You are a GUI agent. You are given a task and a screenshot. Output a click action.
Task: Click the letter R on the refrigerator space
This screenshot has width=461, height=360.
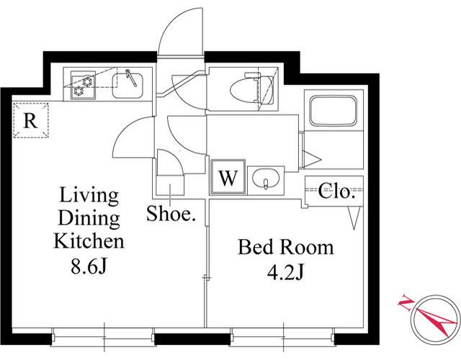(30, 120)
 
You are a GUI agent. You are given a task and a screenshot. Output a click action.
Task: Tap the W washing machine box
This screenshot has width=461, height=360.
(228, 177)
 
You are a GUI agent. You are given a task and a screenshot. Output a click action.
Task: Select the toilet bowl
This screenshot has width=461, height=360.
(245, 91)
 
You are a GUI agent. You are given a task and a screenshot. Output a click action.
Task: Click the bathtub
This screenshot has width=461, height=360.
(334, 110)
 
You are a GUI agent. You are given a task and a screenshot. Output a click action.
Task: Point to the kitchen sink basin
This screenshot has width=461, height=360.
(127, 86)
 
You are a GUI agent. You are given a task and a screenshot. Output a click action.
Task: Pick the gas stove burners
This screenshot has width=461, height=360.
(83, 86)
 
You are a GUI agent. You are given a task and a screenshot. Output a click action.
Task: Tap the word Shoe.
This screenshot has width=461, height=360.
(171, 213)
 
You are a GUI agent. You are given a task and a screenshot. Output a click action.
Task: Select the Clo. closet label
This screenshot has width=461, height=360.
(335, 192)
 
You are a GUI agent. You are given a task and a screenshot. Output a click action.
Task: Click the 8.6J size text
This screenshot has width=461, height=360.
(88, 266)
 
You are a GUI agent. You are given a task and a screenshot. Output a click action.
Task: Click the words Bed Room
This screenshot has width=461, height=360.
(285, 247)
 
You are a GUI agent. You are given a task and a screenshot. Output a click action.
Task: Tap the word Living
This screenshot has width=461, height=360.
(89, 196)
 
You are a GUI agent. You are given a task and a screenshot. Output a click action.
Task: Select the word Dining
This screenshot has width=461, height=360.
(89, 219)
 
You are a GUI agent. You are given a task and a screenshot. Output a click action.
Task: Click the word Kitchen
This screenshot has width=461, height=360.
(89, 241)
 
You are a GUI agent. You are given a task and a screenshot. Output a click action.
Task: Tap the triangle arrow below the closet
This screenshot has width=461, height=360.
(354, 217)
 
